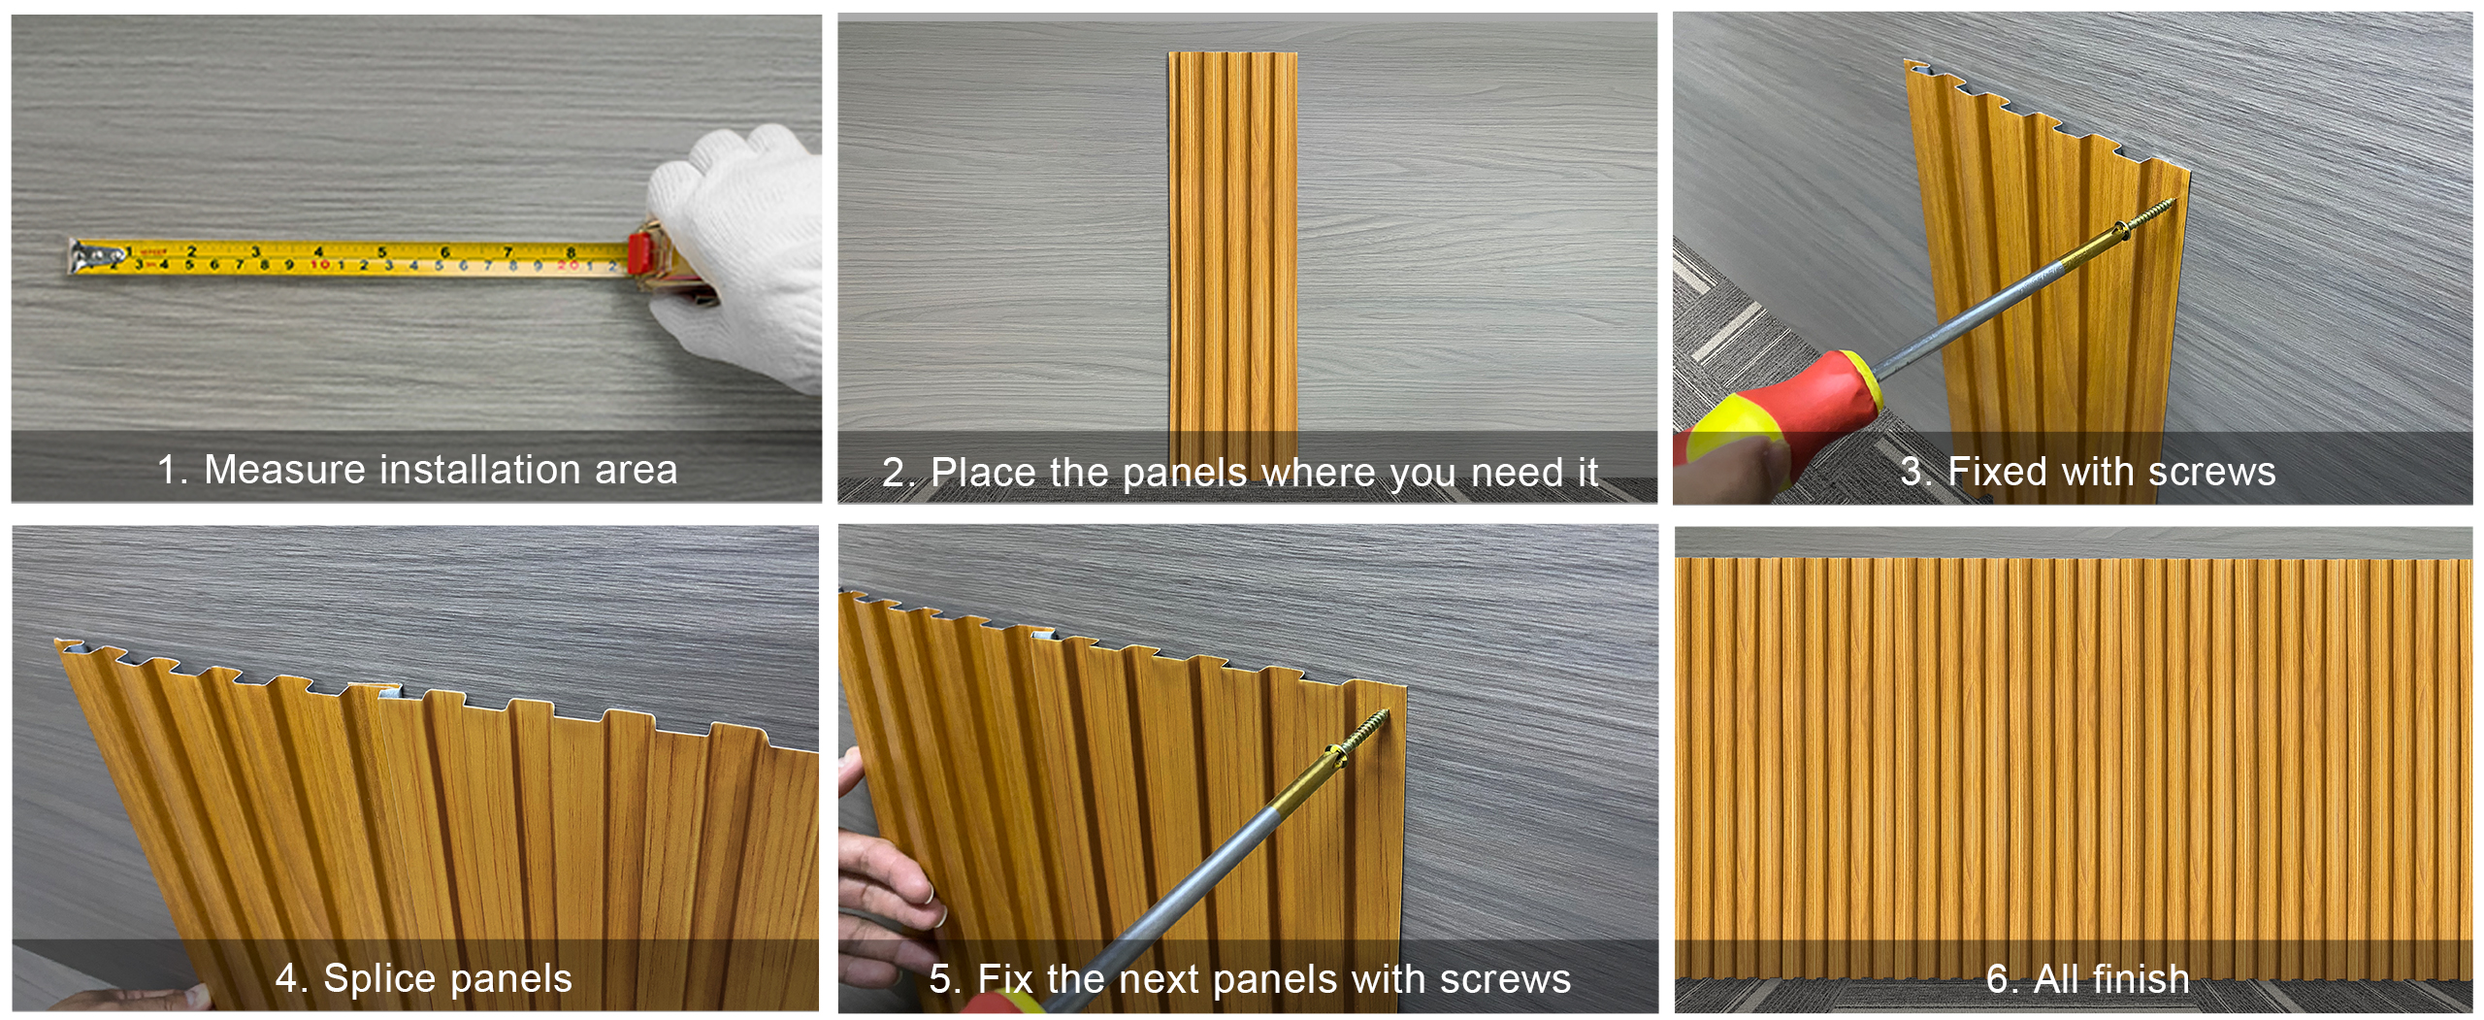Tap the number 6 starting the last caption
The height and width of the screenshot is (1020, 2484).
1997,979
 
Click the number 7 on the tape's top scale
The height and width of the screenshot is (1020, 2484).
507,252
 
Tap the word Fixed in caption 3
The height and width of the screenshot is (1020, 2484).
1998,472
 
